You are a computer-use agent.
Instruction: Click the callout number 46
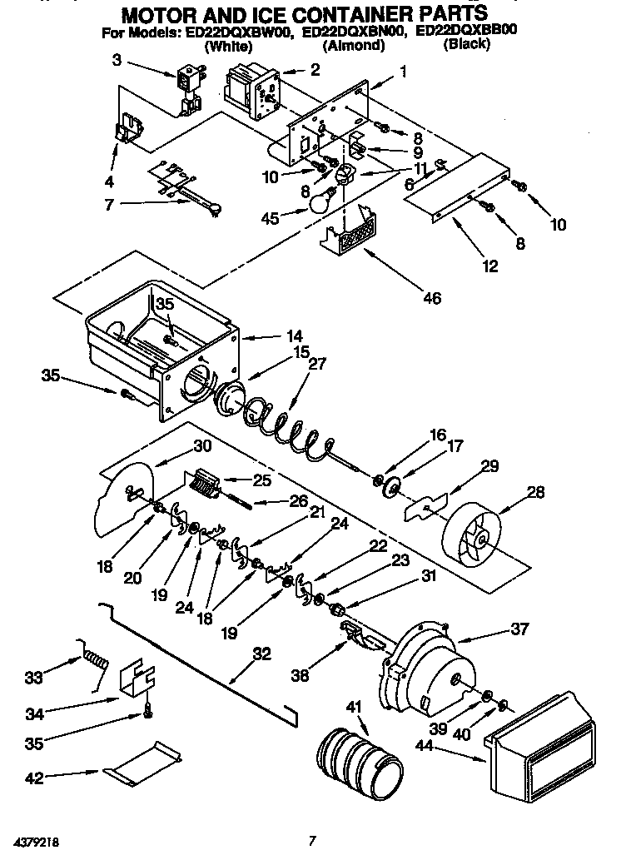pyautogui.click(x=431, y=297)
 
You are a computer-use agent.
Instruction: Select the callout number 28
pyautogui.click(x=535, y=492)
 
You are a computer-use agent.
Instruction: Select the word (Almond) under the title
pyautogui.click(x=353, y=46)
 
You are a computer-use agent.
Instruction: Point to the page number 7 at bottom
pyautogui.click(x=311, y=840)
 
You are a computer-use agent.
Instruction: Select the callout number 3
pyautogui.click(x=117, y=59)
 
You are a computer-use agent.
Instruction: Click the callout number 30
pyautogui.click(x=202, y=445)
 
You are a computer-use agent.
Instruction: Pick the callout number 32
pyautogui.click(x=261, y=654)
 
